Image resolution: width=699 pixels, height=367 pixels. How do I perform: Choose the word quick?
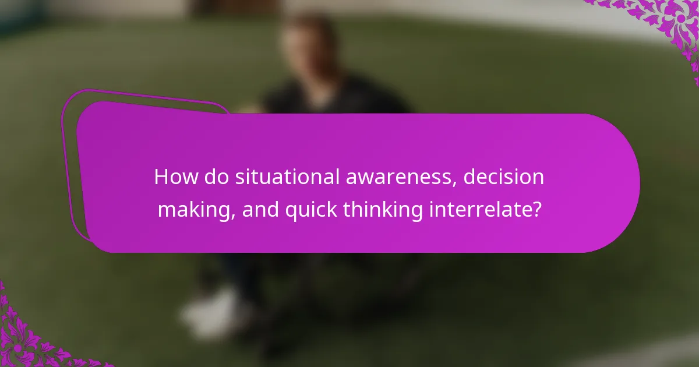click(311, 210)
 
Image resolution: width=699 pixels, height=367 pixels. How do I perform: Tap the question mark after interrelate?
click(536, 210)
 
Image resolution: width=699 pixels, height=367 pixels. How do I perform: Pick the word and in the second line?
click(261, 210)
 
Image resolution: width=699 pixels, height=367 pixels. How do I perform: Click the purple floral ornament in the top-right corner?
click(670, 23)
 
